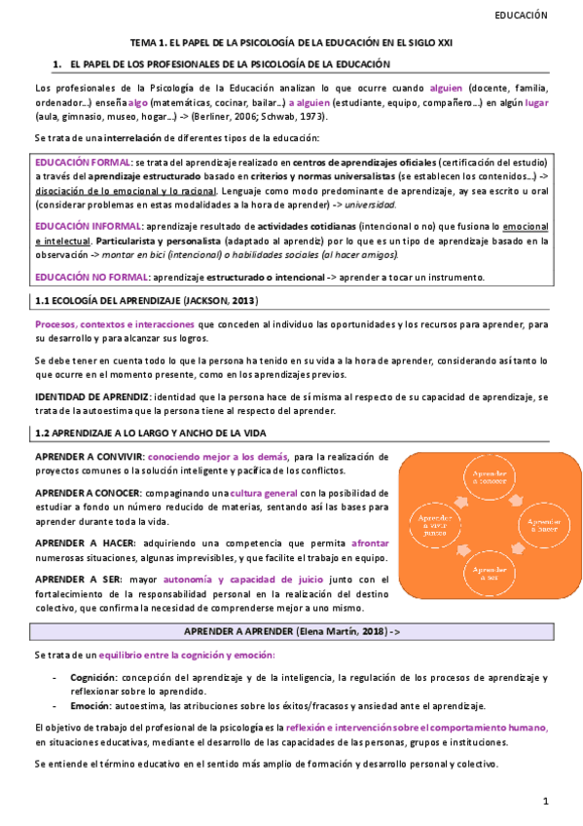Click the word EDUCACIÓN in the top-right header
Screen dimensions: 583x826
522,16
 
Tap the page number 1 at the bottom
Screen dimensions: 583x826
547,801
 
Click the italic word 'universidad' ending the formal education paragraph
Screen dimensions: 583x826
370,206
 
